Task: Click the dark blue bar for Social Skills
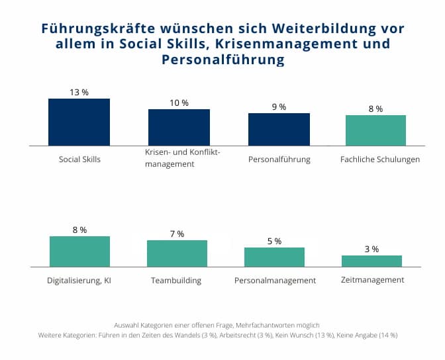click(79, 122)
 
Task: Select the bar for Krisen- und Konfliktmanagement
click(179, 127)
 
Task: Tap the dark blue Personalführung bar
click(279, 129)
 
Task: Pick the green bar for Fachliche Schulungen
click(375, 130)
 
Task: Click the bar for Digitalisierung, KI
click(79, 251)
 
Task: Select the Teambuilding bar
click(177, 253)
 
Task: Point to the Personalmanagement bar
click(274, 257)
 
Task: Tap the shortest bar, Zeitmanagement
click(371, 261)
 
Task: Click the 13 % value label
click(79, 92)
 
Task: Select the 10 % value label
click(179, 103)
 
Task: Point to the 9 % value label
click(278, 107)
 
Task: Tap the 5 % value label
click(274, 241)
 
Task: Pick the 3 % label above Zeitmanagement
click(371, 249)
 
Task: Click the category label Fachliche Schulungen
click(379, 159)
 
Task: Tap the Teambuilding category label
click(176, 280)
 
